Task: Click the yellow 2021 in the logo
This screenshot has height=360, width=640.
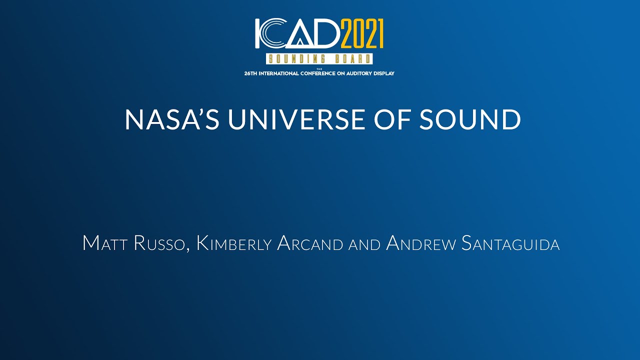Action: pos(362,34)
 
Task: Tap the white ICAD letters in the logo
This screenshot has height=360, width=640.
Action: pos(297,34)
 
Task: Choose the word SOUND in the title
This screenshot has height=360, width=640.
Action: pos(470,120)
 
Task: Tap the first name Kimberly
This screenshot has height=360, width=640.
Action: pos(234,243)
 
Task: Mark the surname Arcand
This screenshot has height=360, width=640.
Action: pos(310,243)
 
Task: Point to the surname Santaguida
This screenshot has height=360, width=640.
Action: pos(510,243)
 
